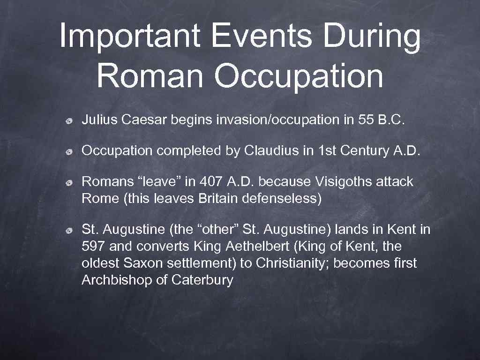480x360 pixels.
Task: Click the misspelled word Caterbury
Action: pyautogui.click(x=202, y=280)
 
